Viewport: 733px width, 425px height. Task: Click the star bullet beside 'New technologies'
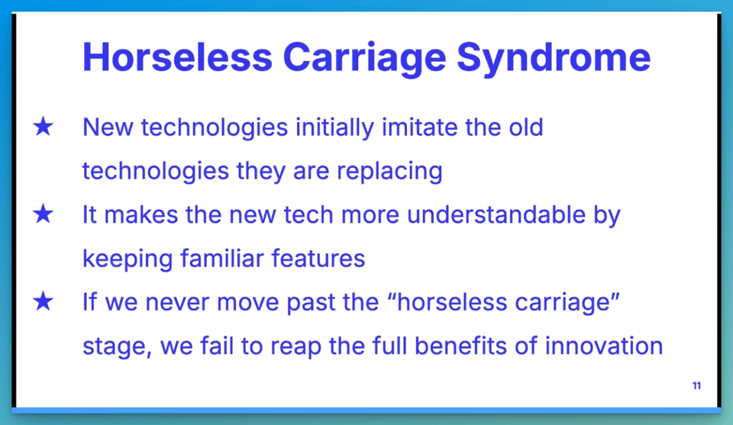coord(44,127)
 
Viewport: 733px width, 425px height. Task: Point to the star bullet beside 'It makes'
coord(44,214)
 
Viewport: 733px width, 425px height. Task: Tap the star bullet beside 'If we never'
coord(44,301)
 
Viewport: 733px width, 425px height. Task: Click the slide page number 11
coord(696,386)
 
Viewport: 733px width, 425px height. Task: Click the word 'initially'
coord(334,128)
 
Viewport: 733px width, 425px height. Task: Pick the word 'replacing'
coord(389,172)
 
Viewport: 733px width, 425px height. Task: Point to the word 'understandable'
coord(496,215)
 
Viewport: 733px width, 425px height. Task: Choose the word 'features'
coord(318,258)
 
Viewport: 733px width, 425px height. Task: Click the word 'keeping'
coord(128,259)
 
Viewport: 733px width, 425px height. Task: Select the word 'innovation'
coord(603,346)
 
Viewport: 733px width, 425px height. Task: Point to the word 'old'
coord(525,127)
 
